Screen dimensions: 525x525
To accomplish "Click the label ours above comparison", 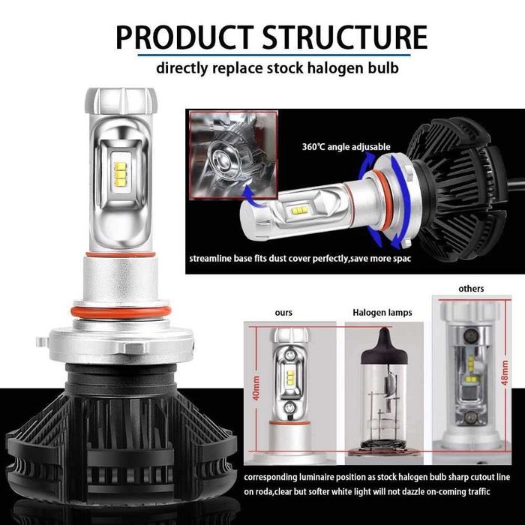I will point(283,311).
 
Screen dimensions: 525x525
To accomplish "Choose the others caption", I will point(470,289).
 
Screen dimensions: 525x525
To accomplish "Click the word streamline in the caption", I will point(212,259).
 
